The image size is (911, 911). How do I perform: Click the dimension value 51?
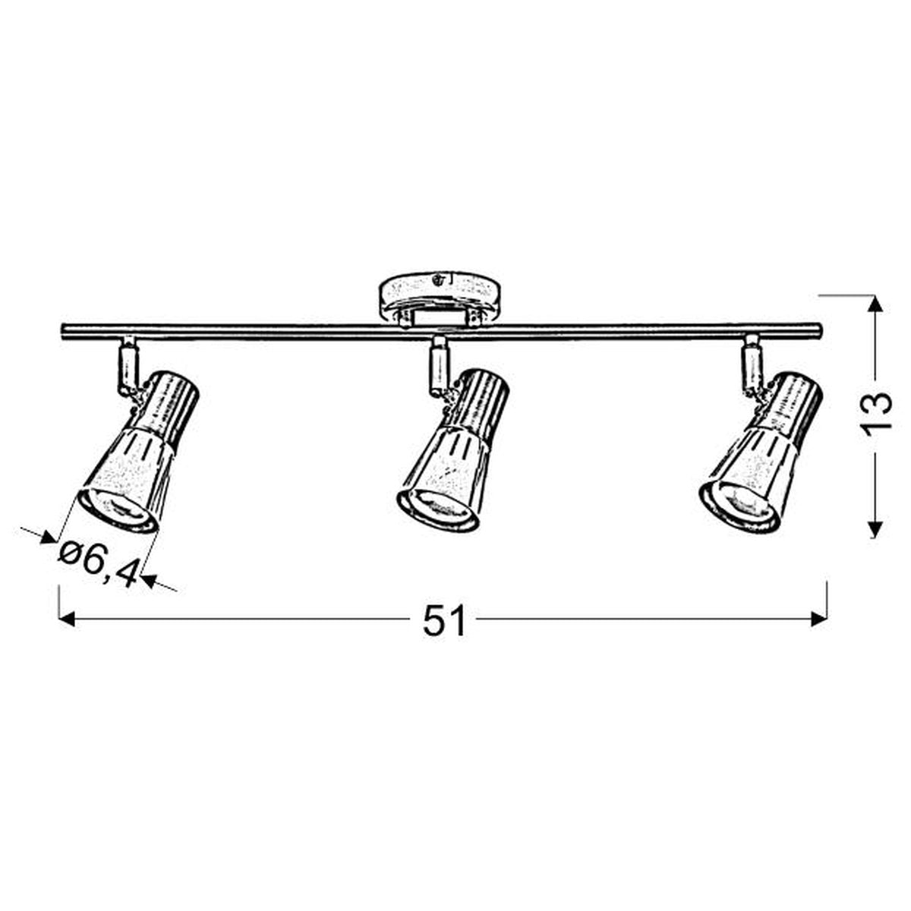coord(444,619)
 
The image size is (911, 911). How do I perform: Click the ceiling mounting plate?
coord(440,301)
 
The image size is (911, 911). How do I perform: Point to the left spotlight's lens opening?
coord(116,512)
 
